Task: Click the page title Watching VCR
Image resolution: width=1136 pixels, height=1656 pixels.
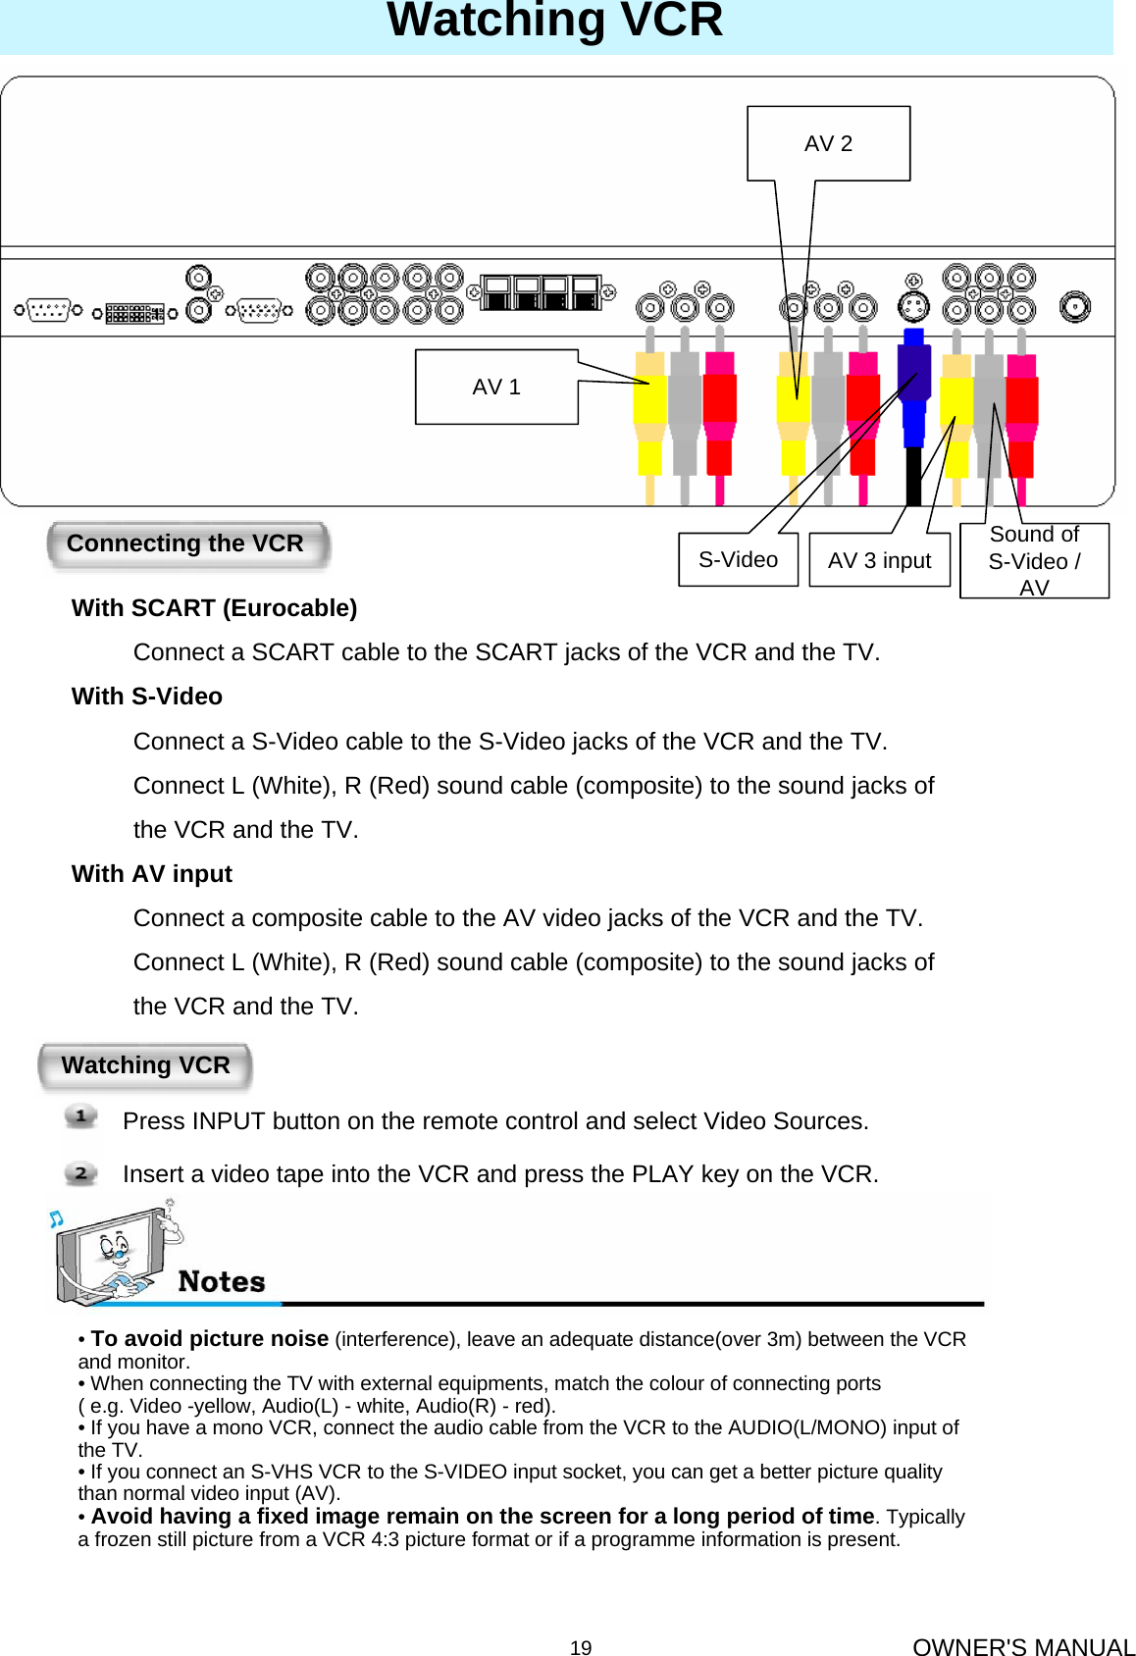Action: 555,22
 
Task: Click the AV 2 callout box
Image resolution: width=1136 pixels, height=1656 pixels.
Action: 828,144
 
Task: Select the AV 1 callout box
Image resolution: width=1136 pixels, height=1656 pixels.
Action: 496,388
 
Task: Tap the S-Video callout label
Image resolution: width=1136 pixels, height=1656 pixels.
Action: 738,560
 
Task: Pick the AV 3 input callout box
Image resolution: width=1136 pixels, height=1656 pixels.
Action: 879,561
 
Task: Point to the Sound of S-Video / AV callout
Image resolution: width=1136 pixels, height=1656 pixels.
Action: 1034,561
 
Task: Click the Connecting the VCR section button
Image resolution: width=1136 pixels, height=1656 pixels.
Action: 186,544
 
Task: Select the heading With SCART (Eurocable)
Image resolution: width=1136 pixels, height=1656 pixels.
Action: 214,608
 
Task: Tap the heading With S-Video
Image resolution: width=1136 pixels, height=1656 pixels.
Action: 147,697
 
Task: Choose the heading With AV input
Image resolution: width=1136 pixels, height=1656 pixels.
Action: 152,874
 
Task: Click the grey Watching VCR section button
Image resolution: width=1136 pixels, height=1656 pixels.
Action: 145,1065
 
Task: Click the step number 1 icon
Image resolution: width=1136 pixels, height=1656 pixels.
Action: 81,1116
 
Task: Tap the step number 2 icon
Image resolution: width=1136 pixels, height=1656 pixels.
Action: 81,1173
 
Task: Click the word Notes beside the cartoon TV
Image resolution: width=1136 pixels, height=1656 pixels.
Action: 222,1282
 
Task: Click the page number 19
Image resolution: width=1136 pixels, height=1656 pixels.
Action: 581,1648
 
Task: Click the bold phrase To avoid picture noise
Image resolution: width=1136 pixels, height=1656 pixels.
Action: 209,1339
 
